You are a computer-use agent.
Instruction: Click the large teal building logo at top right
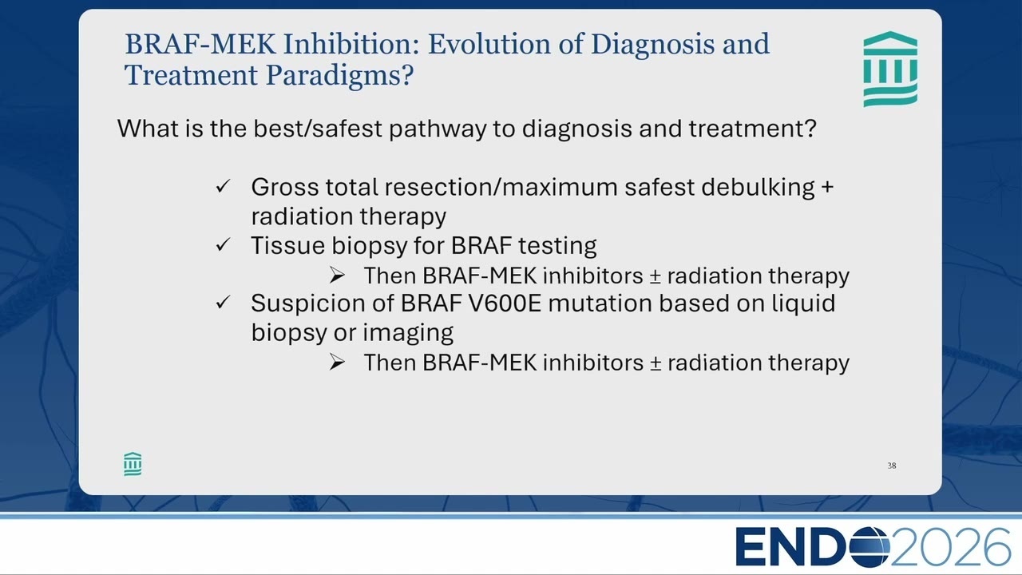[x=890, y=69]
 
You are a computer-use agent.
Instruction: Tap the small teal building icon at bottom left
[x=133, y=464]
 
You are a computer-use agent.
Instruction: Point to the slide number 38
[x=892, y=466]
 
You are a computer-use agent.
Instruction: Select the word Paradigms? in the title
[x=340, y=75]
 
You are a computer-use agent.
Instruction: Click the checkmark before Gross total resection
[x=223, y=186]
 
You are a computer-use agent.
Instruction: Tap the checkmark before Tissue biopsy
[x=223, y=244]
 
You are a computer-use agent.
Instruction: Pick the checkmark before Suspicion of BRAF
[x=223, y=302]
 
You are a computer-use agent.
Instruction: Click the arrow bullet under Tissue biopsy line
[x=337, y=276]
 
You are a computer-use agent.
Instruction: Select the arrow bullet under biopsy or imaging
[x=337, y=363]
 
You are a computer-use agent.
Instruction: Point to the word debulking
[x=758, y=188]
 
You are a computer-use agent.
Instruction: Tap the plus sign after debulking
[x=827, y=187]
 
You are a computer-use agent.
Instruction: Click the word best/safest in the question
[x=318, y=129]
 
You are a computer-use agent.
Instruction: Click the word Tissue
[x=288, y=245]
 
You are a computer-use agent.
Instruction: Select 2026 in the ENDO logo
[x=951, y=547]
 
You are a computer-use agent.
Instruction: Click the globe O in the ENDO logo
[x=869, y=547]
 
